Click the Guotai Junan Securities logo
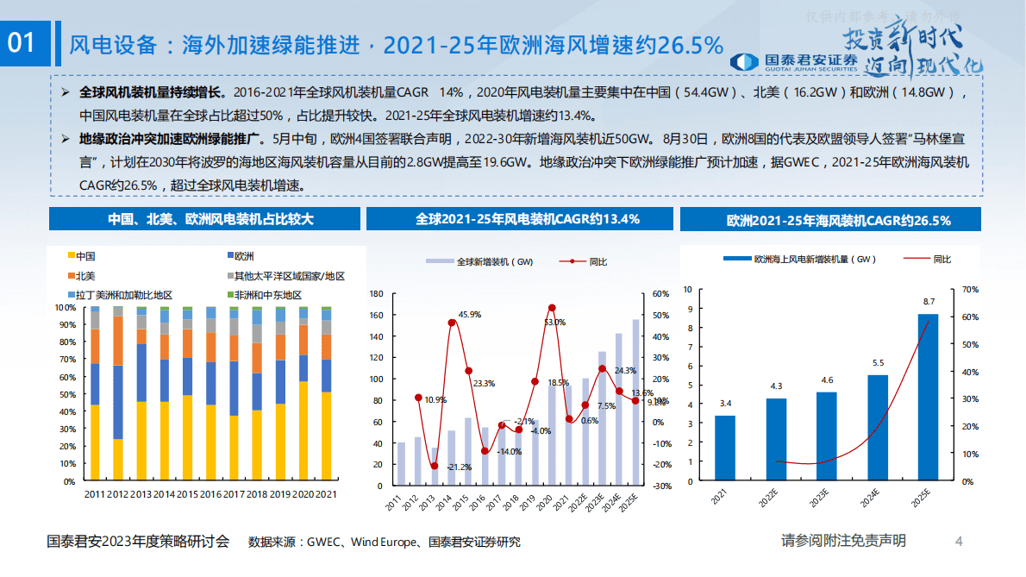coord(794,61)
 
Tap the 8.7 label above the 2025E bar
coord(929,302)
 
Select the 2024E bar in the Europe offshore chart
coord(878,427)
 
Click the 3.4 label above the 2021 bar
coord(725,403)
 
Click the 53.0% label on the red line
coord(554,323)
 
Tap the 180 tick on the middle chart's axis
coord(376,293)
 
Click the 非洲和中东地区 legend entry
coord(266,295)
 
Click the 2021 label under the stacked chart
coord(326,494)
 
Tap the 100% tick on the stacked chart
coord(66,307)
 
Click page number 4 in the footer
coord(959,542)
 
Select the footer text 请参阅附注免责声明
coord(843,541)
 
